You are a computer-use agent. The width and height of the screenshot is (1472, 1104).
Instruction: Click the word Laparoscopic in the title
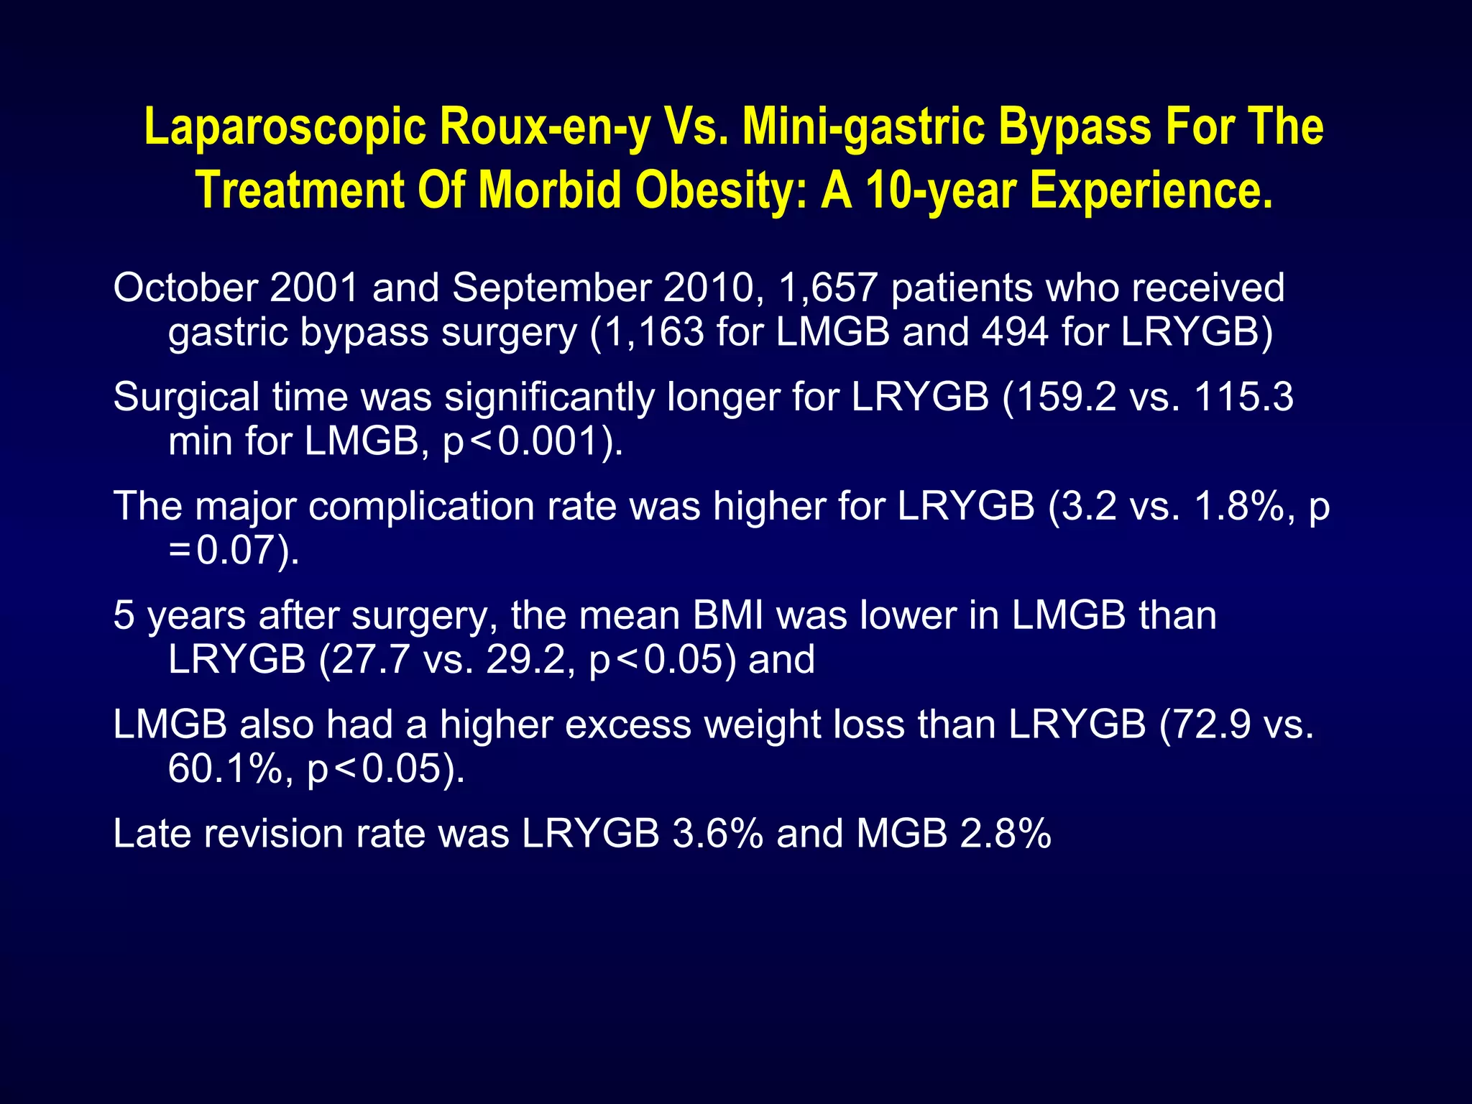click(x=285, y=128)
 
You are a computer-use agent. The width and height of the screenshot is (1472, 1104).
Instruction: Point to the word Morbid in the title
click(x=549, y=191)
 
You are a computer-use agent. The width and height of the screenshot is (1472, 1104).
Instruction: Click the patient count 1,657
click(x=827, y=288)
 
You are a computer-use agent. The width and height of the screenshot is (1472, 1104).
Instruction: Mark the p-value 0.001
click(x=548, y=442)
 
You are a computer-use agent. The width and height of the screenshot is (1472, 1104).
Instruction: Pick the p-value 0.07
click(x=236, y=551)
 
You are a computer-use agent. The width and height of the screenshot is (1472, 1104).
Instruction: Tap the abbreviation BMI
click(x=727, y=616)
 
